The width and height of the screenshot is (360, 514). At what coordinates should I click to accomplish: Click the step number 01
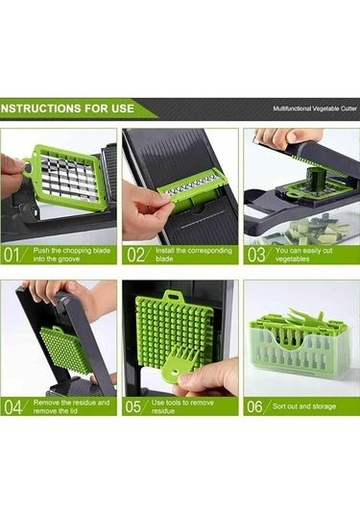12,255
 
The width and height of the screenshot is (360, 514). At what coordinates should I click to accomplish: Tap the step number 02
135,255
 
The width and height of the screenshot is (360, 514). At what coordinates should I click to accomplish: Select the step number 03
256,255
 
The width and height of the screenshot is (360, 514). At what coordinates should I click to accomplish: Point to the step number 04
12,406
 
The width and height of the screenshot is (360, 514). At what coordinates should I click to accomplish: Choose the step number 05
134,406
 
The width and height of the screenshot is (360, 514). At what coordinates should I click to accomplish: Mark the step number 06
254,406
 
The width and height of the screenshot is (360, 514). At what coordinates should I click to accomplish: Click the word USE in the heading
123,109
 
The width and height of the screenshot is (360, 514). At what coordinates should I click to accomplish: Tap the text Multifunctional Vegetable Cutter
315,109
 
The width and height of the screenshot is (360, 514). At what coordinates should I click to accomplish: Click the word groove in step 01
68,259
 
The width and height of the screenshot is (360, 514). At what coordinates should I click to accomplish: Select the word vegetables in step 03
292,259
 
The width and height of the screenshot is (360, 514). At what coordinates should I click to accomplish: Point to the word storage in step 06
324,406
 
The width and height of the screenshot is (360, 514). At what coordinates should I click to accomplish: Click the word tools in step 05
173,403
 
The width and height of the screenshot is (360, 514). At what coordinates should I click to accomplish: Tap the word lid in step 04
72,411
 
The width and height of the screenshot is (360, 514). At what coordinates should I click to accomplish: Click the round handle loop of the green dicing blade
27,167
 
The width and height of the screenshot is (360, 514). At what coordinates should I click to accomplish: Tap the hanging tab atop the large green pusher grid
173,296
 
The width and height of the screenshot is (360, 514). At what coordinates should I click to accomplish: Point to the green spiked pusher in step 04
66,350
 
